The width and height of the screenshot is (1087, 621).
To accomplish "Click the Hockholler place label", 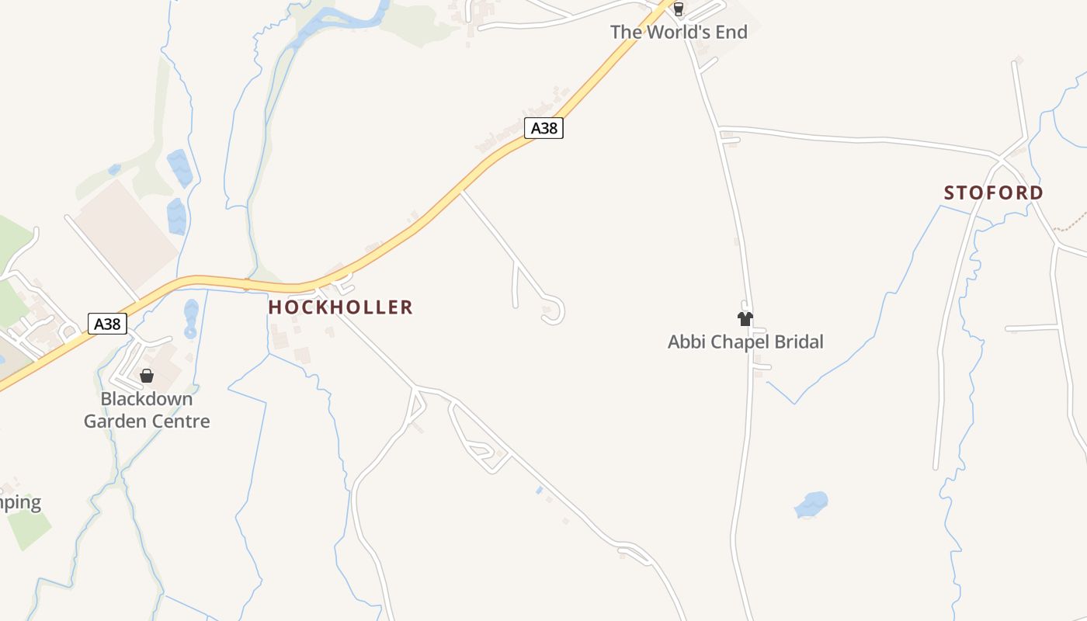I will [340, 307].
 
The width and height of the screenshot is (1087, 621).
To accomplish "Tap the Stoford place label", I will [993, 193].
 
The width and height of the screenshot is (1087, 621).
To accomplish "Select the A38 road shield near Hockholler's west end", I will [107, 324].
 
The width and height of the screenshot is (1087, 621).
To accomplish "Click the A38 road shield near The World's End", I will [543, 128].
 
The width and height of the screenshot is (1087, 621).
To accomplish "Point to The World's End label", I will [679, 32].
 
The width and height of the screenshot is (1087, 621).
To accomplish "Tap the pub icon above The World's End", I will [679, 9].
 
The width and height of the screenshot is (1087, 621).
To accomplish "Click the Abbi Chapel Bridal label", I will [745, 342].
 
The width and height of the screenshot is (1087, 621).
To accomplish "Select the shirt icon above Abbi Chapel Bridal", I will [745, 318].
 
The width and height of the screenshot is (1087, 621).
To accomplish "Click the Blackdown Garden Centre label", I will [147, 410].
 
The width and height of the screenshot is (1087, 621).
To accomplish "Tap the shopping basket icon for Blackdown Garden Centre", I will [147, 376].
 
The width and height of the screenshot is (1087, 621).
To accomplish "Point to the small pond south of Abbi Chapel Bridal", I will [811, 505].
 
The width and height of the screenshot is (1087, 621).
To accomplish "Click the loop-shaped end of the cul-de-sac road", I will [553, 310].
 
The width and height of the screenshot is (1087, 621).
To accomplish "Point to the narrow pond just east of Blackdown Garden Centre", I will [191, 318].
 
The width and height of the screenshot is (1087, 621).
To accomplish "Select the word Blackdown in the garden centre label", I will [147, 399].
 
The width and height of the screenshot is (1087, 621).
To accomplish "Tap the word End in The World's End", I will [731, 32].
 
